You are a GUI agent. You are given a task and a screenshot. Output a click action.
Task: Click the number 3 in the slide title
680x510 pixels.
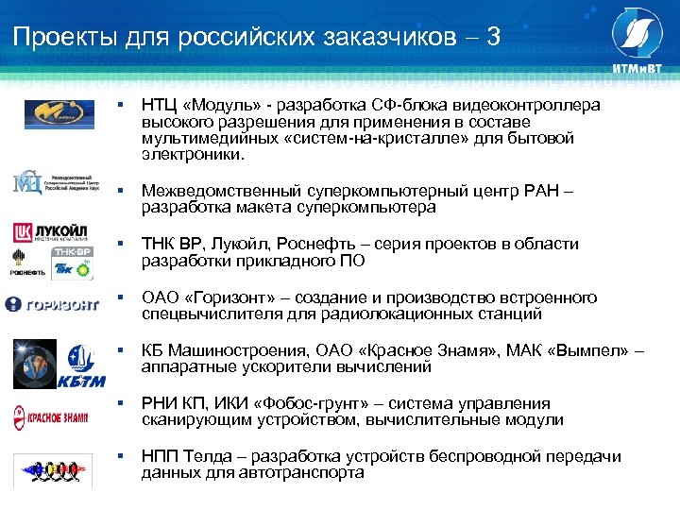(494, 37)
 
